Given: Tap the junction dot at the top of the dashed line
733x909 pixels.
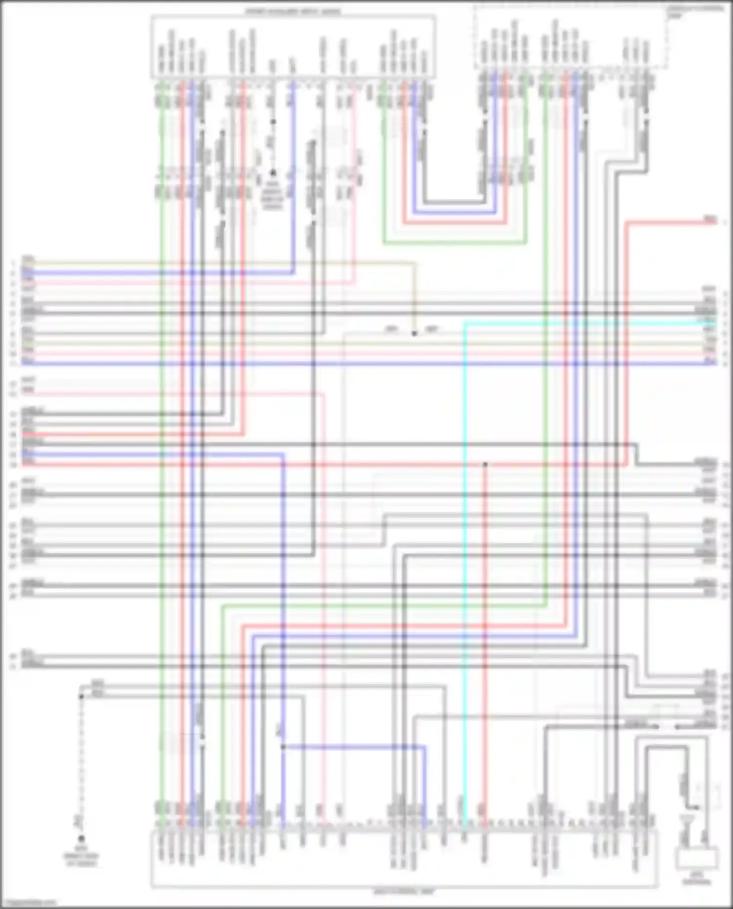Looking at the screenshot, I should click(x=81, y=696).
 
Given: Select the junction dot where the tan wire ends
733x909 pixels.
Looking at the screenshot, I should click(x=414, y=334).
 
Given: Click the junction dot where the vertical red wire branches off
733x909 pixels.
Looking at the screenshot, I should click(x=485, y=464).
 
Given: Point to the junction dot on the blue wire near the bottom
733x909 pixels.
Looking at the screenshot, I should click(x=283, y=747).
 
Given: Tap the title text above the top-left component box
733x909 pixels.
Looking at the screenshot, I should click(x=293, y=11).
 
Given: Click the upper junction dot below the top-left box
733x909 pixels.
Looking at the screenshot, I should click(x=273, y=122).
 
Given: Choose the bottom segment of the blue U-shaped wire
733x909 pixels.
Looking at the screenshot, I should click(x=454, y=213).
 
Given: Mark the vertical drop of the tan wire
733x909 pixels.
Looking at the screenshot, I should click(x=414, y=298).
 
